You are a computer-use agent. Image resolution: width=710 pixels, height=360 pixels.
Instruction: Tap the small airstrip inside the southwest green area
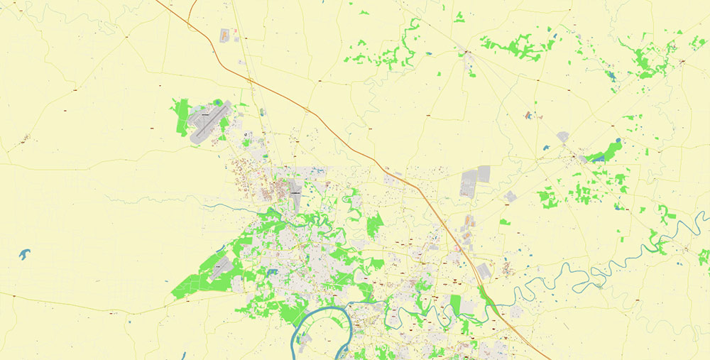tap(220, 268)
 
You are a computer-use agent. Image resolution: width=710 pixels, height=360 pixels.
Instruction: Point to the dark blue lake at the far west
tap(26, 253)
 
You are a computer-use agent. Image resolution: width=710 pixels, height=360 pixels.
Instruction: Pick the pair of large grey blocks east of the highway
tap(475, 181)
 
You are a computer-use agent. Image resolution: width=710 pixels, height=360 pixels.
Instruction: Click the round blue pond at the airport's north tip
tap(217, 102)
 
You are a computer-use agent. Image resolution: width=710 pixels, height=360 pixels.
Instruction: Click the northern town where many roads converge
tap(468, 53)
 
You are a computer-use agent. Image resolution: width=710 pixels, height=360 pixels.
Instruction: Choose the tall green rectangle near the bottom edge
tap(455, 305)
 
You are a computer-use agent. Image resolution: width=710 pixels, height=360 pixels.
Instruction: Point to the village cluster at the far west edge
tap(26, 138)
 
